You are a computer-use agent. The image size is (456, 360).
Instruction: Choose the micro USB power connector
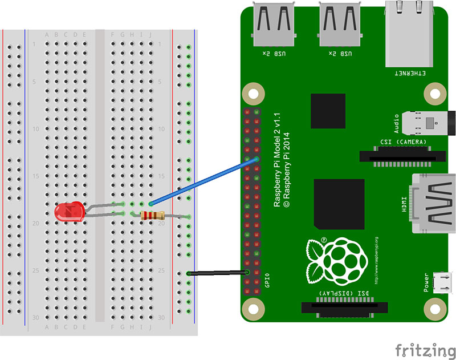pyautogui.click(x=439, y=281)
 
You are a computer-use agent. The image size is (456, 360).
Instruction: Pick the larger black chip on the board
pyautogui.click(x=339, y=204)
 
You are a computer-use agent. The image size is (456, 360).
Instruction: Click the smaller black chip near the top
pyautogui.click(x=328, y=112)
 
